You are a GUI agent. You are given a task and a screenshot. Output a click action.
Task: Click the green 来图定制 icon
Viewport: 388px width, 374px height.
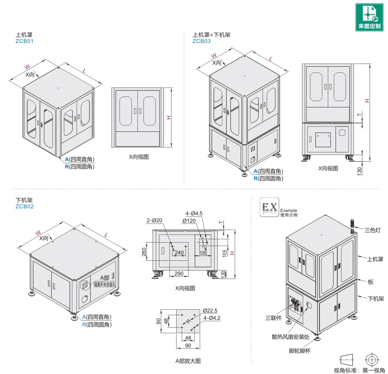369,17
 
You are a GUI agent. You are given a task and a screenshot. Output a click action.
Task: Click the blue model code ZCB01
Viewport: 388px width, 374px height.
24,41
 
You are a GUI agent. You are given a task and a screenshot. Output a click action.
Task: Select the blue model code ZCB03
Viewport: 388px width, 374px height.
201,41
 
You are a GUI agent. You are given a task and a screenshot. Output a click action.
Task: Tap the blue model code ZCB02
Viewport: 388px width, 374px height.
24,207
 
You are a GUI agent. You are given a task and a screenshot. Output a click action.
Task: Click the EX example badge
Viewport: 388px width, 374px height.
269,207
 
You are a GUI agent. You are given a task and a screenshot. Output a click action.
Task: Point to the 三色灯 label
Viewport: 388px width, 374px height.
372,230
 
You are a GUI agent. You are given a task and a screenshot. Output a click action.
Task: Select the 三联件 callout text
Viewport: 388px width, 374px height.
273,318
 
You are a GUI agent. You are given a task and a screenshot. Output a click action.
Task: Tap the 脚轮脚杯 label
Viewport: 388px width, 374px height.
300,351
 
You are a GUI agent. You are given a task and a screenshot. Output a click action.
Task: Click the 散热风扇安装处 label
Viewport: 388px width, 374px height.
290,337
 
